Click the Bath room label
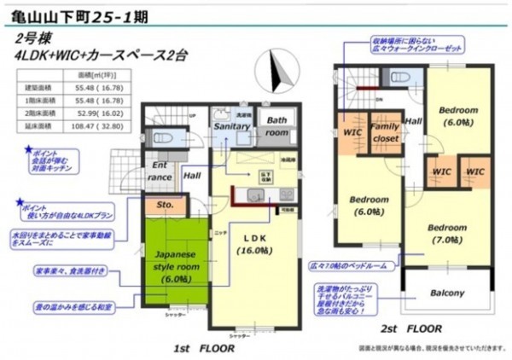[x=276, y=127]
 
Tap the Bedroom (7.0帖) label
[x=447, y=233]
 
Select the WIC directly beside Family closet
[x=352, y=132]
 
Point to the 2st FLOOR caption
[x=412, y=328]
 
